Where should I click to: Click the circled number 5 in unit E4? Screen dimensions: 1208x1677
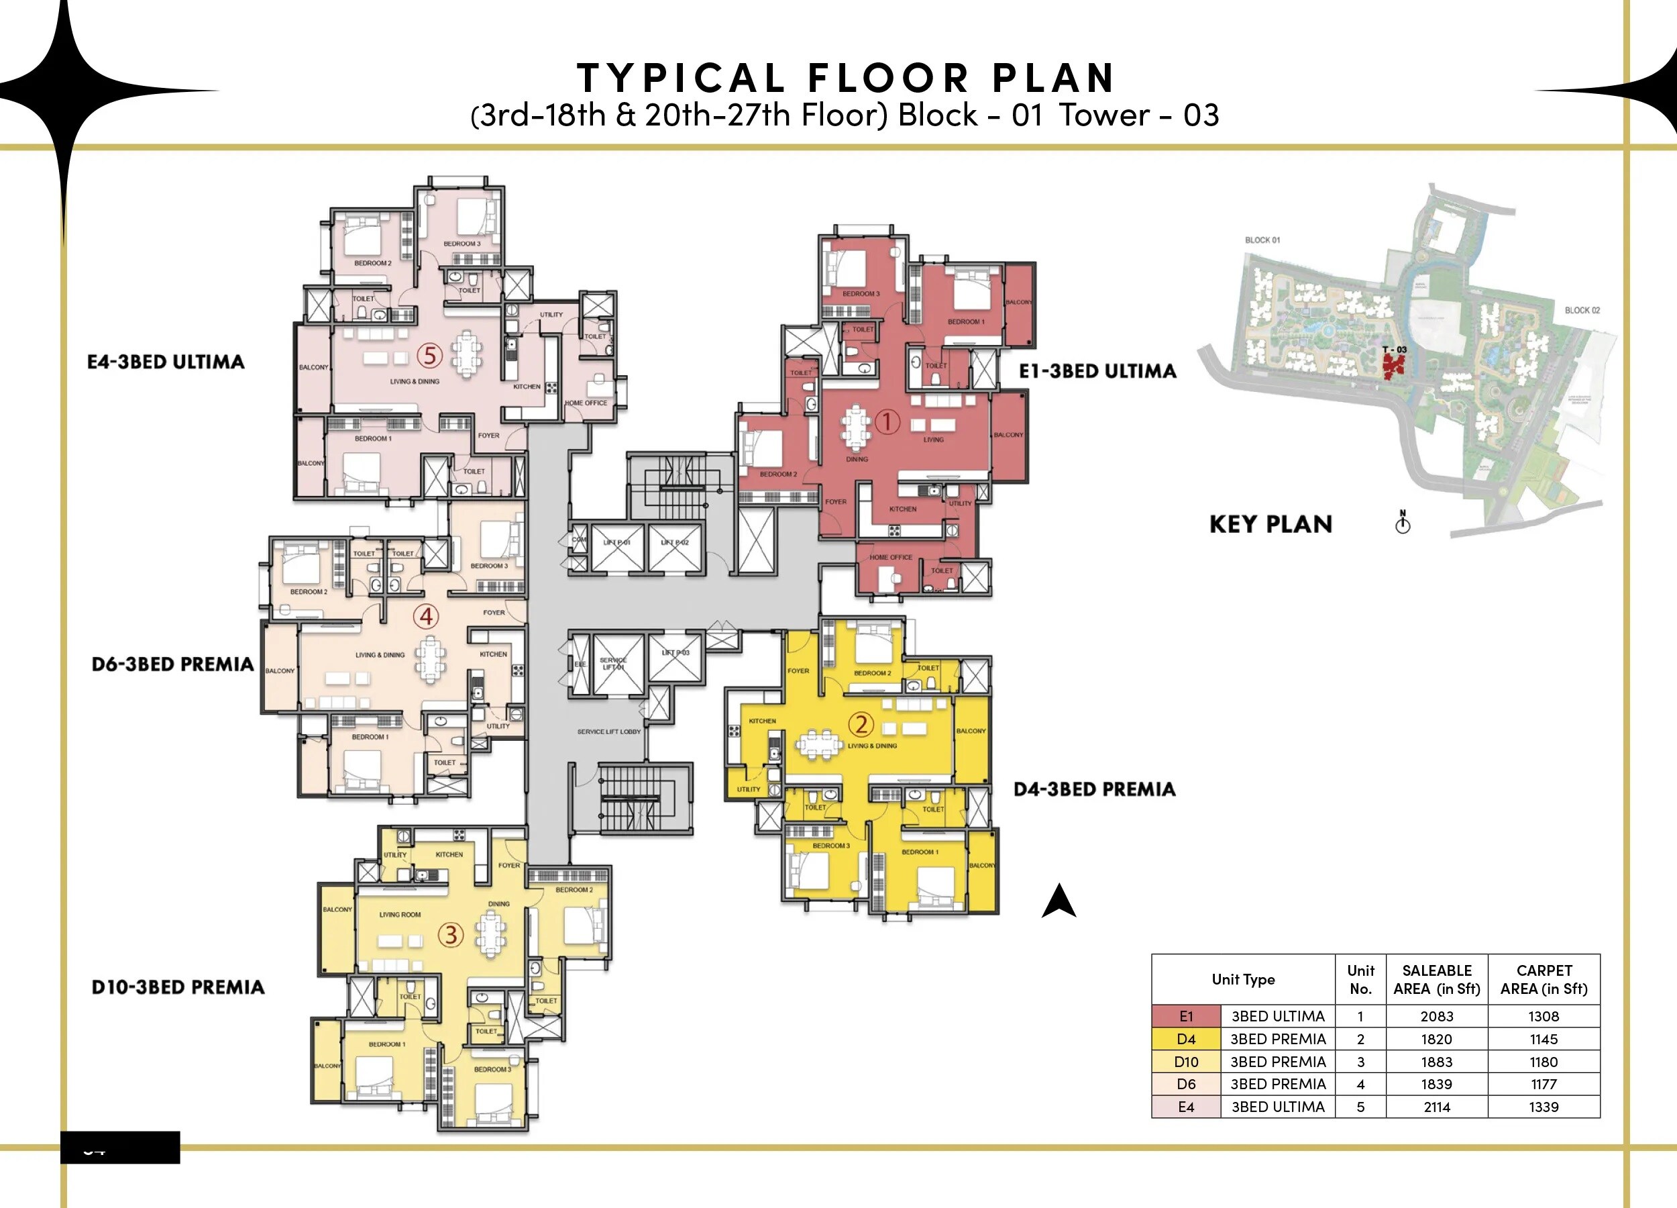(429, 356)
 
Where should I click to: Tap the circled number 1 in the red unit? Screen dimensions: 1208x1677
(887, 421)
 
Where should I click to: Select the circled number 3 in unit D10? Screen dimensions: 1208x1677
(451, 935)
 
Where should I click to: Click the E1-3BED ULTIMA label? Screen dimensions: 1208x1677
(1097, 371)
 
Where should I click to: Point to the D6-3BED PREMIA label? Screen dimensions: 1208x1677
(172, 664)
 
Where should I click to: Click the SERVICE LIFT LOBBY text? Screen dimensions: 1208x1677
(608, 732)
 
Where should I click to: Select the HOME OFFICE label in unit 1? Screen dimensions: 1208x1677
(890, 557)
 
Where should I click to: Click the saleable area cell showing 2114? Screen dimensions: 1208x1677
(1436, 1107)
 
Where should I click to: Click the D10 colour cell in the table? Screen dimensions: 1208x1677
(1186, 1062)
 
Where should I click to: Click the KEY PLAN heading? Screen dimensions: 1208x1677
(1270, 525)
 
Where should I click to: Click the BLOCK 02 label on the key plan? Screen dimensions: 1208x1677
(1582, 311)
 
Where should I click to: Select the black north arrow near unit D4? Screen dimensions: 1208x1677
(1058, 902)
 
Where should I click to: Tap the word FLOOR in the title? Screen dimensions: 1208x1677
(887, 78)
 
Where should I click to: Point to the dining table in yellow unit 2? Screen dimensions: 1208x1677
(818, 744)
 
